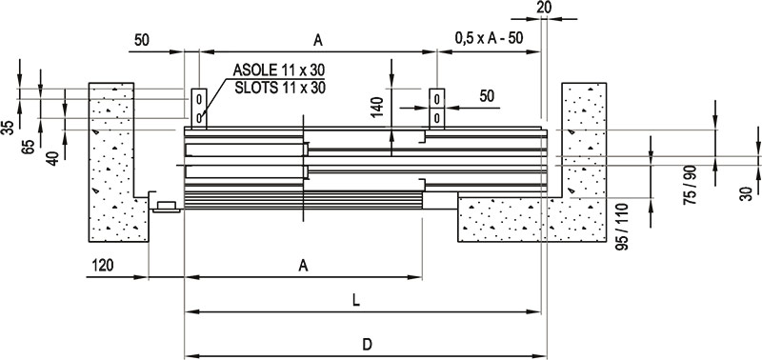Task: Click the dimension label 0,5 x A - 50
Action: point(489,38)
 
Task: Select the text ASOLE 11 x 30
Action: point(278,70)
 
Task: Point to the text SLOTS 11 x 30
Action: point(279,88)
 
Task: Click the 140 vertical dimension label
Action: point(377,108)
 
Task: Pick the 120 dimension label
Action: point(103,266)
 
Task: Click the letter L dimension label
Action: point(356,301)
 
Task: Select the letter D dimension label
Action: point(368,345)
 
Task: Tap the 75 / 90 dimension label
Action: point(690,185)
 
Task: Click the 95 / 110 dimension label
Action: point(622,227)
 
